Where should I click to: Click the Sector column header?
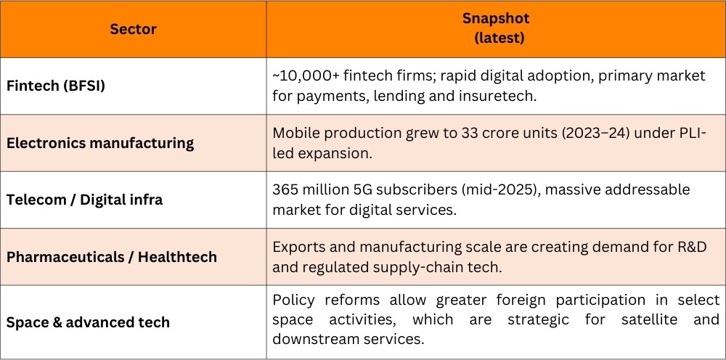pos(133,30)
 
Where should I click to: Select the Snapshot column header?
pos(496,19)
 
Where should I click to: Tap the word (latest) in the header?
pos(499,38)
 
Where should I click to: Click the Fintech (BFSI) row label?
pos(56,86)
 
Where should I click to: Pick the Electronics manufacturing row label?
pos(100,142)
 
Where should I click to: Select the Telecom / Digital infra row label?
pos(84,200)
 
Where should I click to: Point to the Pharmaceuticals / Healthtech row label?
pos(112,256)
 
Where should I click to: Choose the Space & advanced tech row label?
pos(88,322)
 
